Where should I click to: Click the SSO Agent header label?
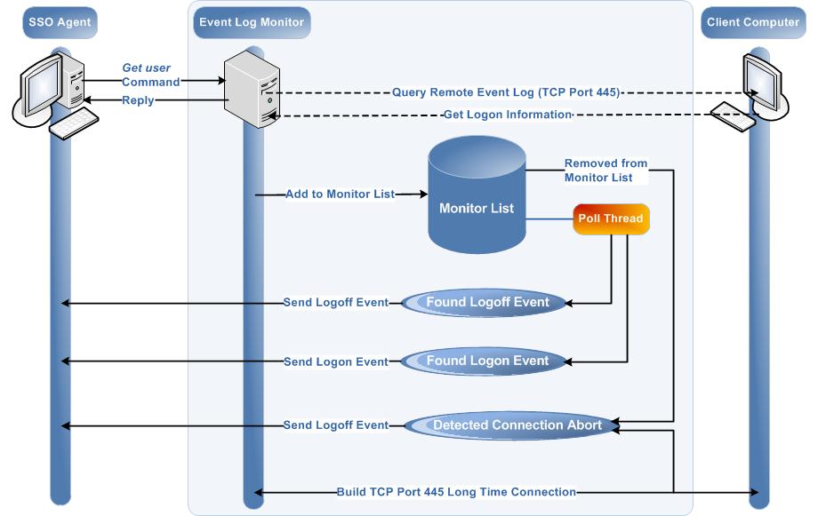tap(59, 22)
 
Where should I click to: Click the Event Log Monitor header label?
tap(250, 22)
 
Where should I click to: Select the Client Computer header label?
tap(753, 22)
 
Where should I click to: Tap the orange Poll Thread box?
tap(610, 218)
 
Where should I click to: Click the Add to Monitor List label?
tap(340, 194)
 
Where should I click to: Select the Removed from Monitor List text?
tap(605, 171)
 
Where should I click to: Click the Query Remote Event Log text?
tap(506, 92)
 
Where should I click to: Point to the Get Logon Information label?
tap(506, 115)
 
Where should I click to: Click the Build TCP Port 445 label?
tap(456, 491)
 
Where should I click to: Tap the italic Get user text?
tap(146, 67)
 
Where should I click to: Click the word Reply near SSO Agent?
tap(138, 100)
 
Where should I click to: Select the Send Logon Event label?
tap(335, 361)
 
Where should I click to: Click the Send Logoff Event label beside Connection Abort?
tap(335, 425)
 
